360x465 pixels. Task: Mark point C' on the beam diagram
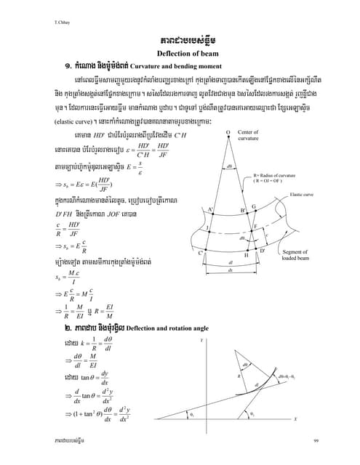tap(200, 252)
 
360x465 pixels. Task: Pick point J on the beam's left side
tap(208, 228)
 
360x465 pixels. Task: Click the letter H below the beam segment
tap(246, 255)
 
